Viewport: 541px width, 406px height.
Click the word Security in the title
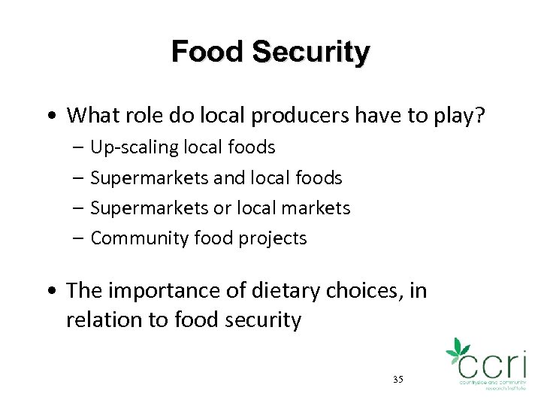click(x=311, y=53)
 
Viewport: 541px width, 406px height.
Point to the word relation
click(x=101, y=320)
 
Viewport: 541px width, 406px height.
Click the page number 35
click(x=397, y=379)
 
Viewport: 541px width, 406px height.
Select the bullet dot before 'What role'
click(x=50, y=117)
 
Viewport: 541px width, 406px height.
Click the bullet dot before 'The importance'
click(x=50, y=291)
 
